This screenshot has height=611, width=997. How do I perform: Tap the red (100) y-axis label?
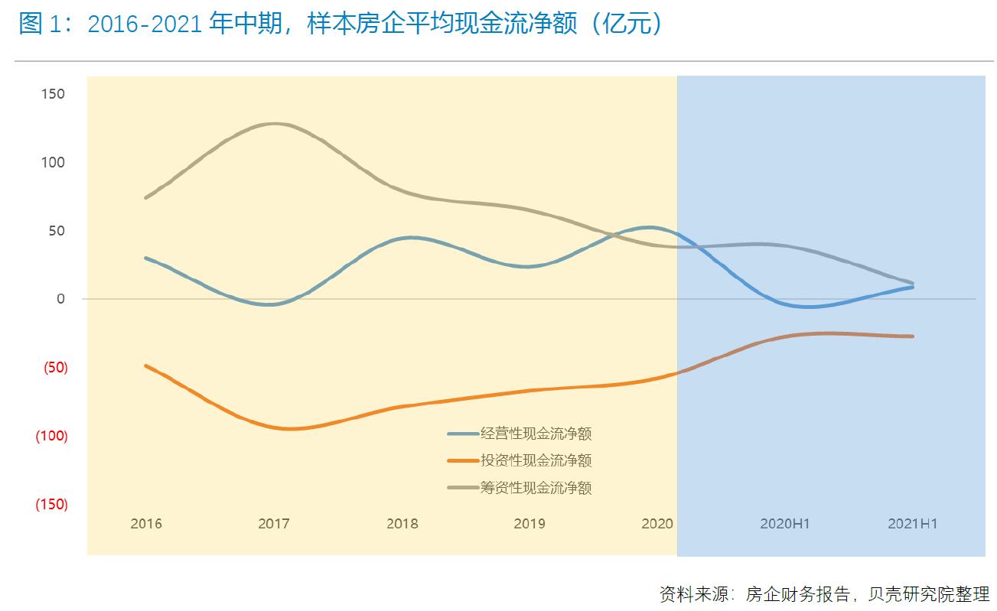point(51,436)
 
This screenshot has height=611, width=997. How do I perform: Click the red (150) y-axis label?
point(51,505)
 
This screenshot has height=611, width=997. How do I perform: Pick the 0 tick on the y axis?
point(60,299)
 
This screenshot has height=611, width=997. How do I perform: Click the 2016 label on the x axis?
point(146,524)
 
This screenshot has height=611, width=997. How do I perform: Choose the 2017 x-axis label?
point(273,524)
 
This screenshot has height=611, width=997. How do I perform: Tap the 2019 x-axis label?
point(529,524)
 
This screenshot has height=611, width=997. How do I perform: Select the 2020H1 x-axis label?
point(784,524)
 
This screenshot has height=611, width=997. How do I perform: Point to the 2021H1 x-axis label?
point(912,524)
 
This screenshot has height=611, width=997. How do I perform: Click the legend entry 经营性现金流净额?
point(536,434)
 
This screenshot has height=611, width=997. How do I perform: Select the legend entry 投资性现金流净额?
point(536,460)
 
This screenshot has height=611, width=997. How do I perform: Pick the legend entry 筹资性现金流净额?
point(536,487)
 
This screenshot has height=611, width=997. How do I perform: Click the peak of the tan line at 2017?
point(273,124)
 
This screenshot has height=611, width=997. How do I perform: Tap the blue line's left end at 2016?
point(145,258)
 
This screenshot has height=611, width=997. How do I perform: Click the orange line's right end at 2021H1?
point(912,336)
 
